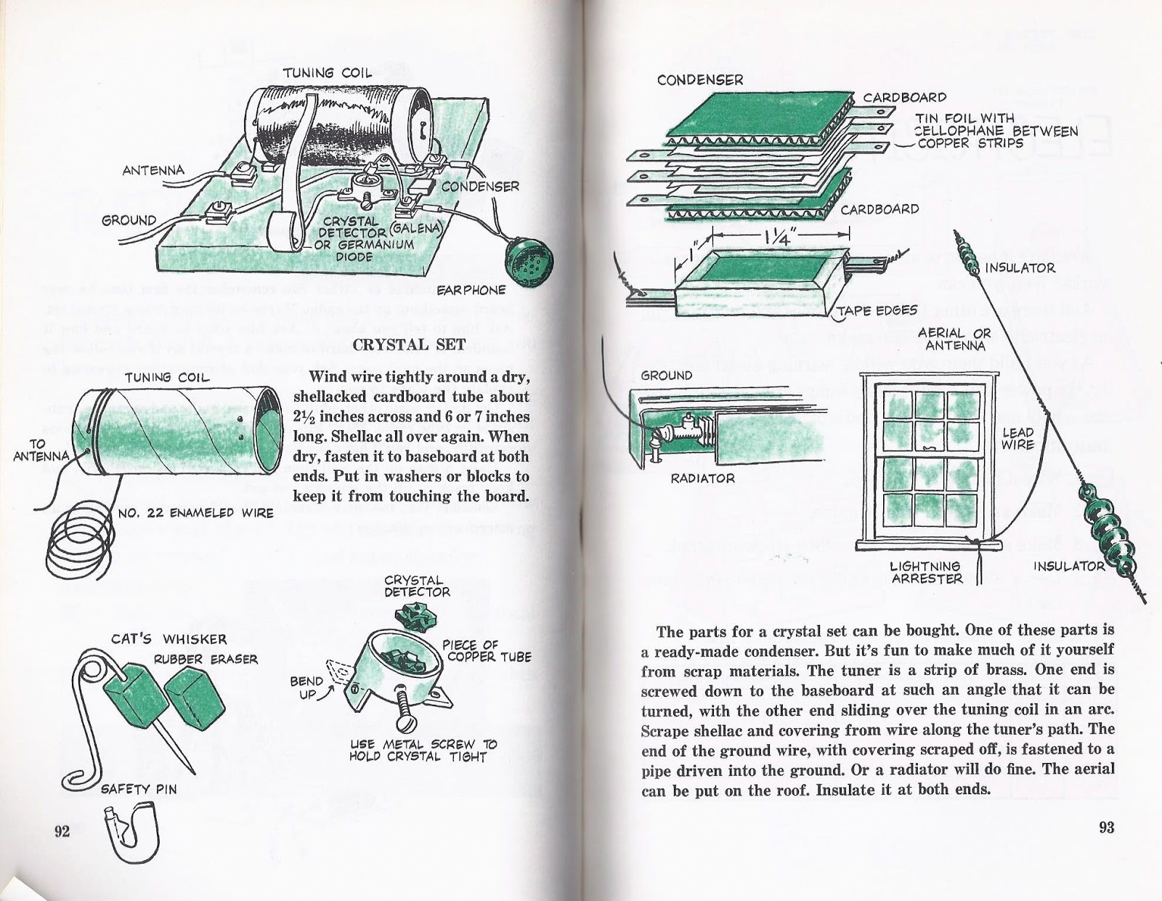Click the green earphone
[x=527, y=252]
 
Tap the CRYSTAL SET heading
[x=409, y=346]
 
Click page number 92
[x=62, y=831]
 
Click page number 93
[x=1106, y=828]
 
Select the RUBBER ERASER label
[x=205, y=660]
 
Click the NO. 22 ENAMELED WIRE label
[x=195, y=513]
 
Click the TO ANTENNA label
[x=41, y=450]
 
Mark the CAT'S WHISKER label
[x=168, y=640]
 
